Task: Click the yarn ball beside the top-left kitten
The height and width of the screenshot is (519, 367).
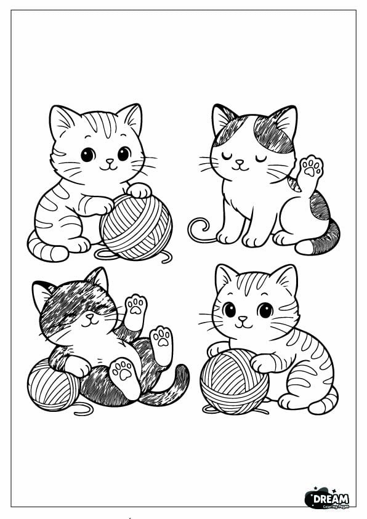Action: tap(136, 225)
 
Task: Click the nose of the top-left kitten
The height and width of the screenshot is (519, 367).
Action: tap(108, 162)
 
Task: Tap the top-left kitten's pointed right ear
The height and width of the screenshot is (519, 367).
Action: tap(131, 118)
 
